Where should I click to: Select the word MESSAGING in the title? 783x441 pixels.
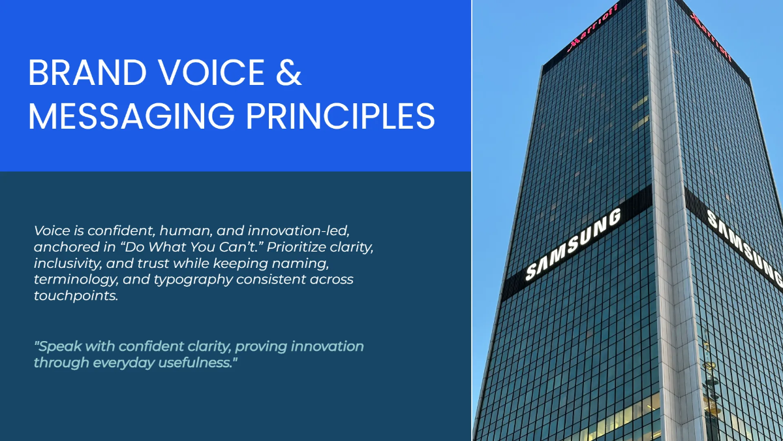coord(131,116)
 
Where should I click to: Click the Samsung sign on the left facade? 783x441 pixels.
coord(574,244)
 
